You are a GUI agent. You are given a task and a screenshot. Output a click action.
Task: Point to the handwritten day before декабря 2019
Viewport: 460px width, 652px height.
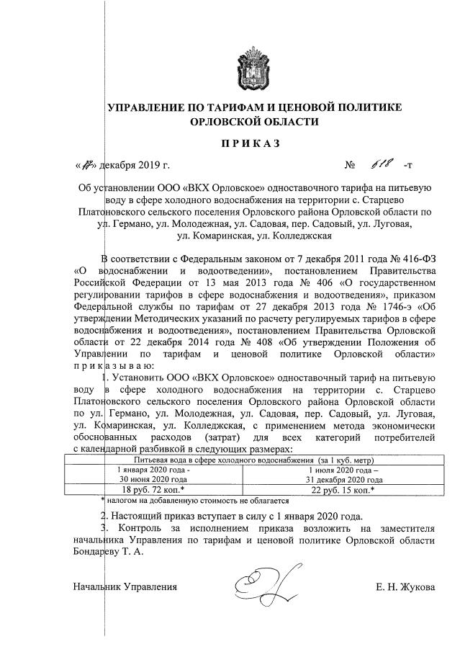pos(90,165)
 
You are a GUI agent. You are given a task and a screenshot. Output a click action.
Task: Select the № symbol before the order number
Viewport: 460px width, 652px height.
pos(351,166)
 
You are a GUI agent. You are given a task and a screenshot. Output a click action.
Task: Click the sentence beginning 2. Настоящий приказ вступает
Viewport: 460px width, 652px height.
pos(234,516)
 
